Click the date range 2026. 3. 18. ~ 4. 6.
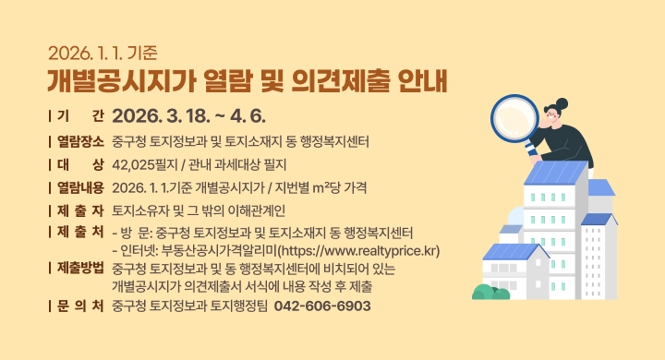click(x=188, y=117)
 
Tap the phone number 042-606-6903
click(x=322, y=306)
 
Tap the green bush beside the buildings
click(x=488, y=293)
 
